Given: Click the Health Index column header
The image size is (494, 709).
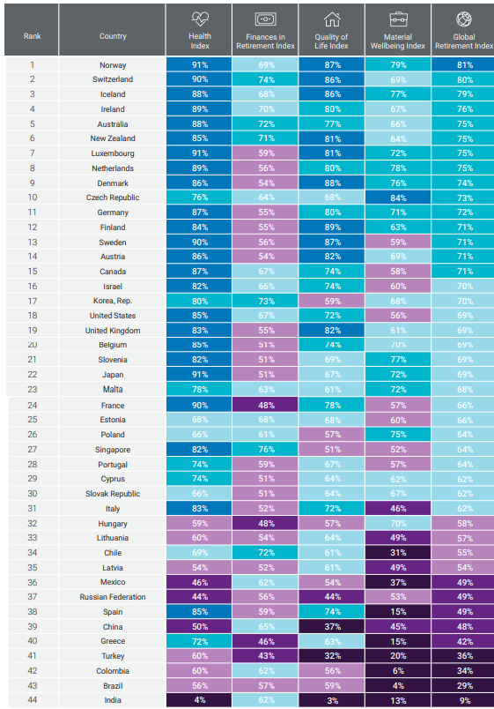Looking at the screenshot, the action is pyautogui.click(x=200, y=41).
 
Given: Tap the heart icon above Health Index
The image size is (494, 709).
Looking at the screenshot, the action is pyautogui.click(x=200, y=19).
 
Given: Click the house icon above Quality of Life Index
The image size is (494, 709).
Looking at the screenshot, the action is pyautogui.click(x=332, y=19).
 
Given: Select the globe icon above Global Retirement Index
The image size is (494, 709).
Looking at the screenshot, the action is pyautogui.click(x=464, y=19).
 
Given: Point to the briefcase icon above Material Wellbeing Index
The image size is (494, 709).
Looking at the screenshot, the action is pyautogui.click(x=398, y=19).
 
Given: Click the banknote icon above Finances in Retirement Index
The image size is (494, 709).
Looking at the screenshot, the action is pyautogui.click(x=266, y=19).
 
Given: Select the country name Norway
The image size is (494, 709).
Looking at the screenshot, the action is pyautogui.click(x=113, y=65).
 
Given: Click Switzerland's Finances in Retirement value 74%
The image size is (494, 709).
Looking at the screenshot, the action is pyautogui.click(x=266, y=79).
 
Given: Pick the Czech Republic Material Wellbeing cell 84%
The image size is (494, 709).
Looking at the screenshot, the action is pyautogui.click(x=398, y=198).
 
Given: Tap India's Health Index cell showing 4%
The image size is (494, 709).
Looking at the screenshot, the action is pyautogui.click(x=199, y=700).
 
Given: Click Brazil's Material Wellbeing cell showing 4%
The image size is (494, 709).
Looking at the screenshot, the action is pyautogui.click(x=398, y=685).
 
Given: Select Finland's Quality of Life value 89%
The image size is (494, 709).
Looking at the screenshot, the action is pyautogui.click(x=332, y=228).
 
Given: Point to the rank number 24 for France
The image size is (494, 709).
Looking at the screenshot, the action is pyautogui.click(x=32, y=405).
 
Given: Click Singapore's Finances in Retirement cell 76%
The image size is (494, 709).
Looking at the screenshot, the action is pyautogui.click(x=266, y=450).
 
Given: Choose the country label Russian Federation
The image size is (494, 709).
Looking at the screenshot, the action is pyautogui.click(x=113, y=597).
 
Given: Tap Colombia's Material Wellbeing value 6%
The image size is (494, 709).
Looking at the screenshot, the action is pyautogui.click(x=398, y=671).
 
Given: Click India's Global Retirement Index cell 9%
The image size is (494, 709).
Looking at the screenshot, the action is pyautogui.click(x=463, y=700).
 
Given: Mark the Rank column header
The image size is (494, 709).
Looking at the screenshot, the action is pyautogui.click(x=32, y=36).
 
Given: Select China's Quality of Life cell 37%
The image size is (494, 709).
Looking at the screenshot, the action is pyautogui.click(x=332, y=627).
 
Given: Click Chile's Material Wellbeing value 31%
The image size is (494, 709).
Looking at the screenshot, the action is pyautogui.click(x=398, y=553).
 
